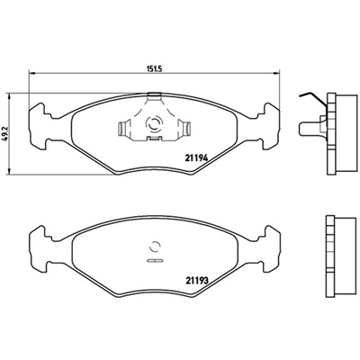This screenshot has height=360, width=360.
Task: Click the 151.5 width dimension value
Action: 154,68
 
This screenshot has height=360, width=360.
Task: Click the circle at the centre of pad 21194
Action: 155,123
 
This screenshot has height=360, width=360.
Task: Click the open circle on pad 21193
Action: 155,247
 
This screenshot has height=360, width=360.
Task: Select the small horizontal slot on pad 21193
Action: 155,260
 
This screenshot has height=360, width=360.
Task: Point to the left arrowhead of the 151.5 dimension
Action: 31,73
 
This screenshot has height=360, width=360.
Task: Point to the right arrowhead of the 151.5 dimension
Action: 277,73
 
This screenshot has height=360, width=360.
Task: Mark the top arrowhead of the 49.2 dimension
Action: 10,95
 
